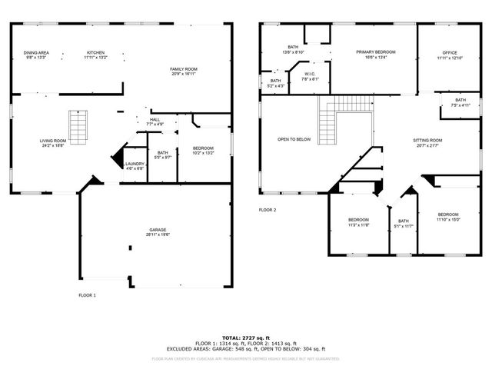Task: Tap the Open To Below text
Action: [x=294, y=139]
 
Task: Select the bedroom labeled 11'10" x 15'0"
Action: [x=448, y=216]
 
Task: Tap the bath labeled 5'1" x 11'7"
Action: [x=403, y=224]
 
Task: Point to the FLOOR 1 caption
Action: [x=88, y=294]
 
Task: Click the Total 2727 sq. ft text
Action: [x=244, y=337]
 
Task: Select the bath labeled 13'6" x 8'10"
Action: [x=293, y=49]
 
